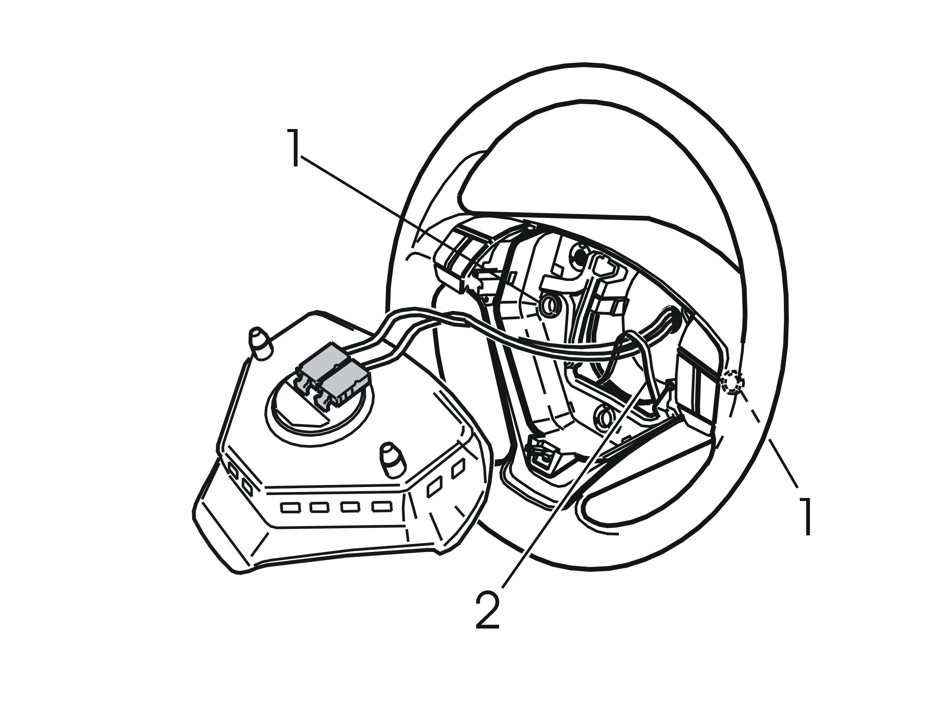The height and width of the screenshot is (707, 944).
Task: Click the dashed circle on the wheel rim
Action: pos(732,382)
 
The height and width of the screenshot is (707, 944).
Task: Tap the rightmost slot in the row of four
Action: pos(381,506)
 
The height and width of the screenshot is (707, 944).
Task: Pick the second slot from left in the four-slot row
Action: pos(319,507)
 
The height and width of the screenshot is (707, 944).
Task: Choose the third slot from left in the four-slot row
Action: pos(350,507)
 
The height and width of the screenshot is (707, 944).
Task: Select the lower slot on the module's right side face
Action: pos(434,487)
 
